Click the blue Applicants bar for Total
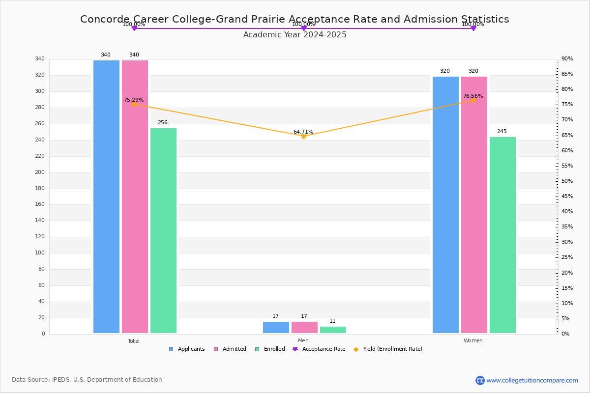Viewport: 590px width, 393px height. point(106,196)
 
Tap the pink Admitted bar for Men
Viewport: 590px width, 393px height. point(304,327)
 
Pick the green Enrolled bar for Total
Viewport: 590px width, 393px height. point(163,230)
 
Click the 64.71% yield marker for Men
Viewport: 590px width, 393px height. point(303,136)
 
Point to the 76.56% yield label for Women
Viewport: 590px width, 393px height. point(472,96)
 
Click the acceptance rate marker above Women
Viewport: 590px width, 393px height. point(473,28)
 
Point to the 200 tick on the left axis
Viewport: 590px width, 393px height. point(40,172)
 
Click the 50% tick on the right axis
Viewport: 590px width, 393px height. point(567,181)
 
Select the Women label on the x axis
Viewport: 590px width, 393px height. point(473,341)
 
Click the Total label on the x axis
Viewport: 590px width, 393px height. point(134,341)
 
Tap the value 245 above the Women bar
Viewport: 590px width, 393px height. point(501,132)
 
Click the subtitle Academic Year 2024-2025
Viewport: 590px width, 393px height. point(295,35)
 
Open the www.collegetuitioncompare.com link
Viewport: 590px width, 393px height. point(532,380)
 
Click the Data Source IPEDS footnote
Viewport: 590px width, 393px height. point(87,380)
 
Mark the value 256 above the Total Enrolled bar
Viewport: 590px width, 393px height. point(163,123)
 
